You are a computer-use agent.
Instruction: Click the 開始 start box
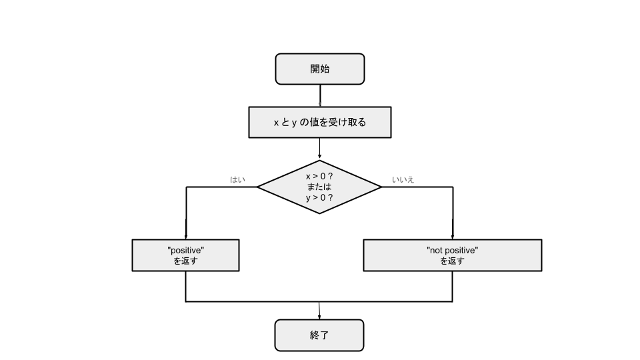coord(320,69)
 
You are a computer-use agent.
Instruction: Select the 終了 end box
coord(319,335)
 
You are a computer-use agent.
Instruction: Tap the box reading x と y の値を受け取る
coord(320,122)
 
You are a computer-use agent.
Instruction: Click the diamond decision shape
coord(319,187)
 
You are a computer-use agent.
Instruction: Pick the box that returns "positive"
coord(185,255)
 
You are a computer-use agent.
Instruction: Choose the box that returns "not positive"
coord(452,255)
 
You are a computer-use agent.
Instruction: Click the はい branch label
coord(237,179)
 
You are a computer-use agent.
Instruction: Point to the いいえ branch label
coord(403,179)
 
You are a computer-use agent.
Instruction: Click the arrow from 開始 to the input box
coord(320,95)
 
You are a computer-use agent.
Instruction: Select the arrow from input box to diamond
coord(320,148)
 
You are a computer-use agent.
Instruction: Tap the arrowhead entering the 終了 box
coord(320,317)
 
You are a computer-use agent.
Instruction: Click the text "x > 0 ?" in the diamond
coord(319,176)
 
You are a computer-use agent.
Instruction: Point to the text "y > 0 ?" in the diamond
coord(319,198)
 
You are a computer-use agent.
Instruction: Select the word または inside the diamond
coord(319,187)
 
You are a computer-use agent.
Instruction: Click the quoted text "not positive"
coord(452,250)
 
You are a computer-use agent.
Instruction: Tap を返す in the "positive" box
coord(185,261)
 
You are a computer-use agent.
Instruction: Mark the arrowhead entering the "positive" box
coord(186,237)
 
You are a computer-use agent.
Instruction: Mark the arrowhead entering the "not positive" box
coord(453,237)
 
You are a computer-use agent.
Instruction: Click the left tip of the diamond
coord(259,187)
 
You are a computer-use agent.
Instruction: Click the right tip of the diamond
coord(381,187)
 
